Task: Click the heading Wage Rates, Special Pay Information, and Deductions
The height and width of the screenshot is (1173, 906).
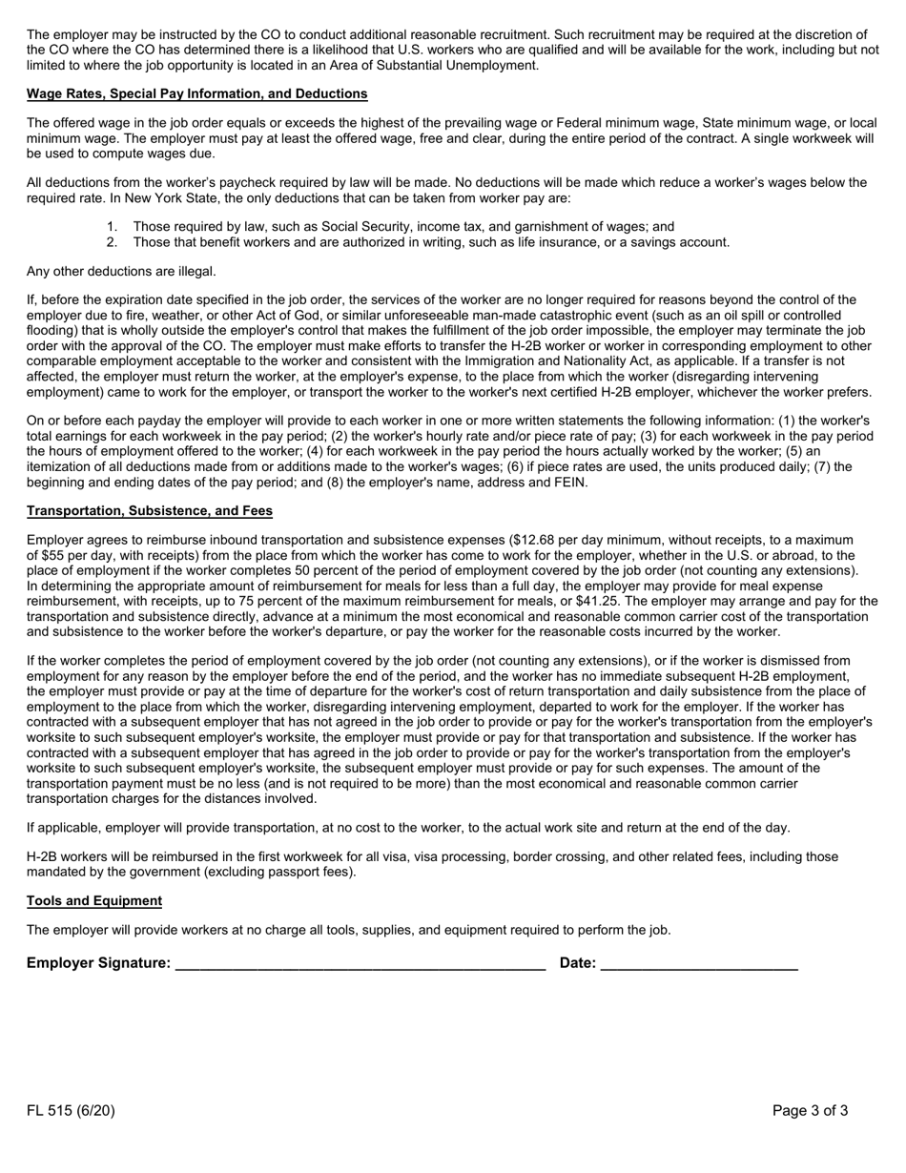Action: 196,93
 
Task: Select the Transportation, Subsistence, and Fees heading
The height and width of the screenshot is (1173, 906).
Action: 150,511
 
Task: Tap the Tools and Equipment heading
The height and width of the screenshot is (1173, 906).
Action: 94,901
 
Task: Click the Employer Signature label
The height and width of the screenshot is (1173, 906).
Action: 98,963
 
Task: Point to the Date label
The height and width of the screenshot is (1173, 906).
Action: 577,963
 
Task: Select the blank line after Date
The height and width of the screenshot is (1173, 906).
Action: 699,965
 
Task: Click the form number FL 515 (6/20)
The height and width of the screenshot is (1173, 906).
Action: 71,1111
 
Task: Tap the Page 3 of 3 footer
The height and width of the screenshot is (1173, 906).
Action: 810,1111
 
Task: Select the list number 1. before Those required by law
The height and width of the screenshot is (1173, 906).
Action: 113,227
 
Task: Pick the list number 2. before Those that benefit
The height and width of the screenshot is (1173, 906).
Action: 113,242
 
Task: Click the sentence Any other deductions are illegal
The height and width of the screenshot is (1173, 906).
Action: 121,272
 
